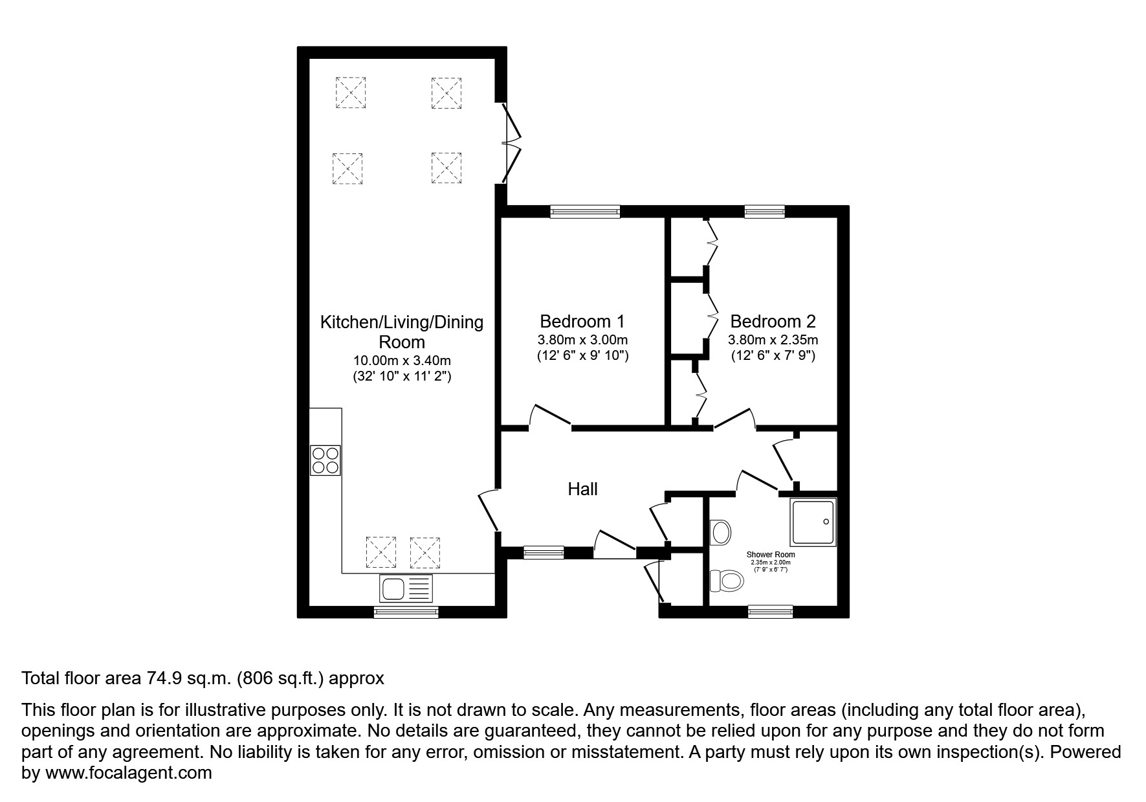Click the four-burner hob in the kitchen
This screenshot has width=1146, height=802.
pyautogui.click(x=325, y=460)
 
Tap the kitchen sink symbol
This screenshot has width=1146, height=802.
pyautogui.click(x=406, y=589)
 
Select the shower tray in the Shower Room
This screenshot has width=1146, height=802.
pyautogui.click(x=813, y=522)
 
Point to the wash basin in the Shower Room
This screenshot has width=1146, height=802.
pyautogui.click(x=721, y=533)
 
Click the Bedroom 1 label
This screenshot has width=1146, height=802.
pyautogui.click(x=582, y=321)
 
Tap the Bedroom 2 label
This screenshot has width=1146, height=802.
pyautogui.click(x=773, y=321)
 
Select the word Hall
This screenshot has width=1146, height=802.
pyautogui.click(x=582, y=489)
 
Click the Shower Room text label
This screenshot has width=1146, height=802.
pyautogui.click(x=771, y=555)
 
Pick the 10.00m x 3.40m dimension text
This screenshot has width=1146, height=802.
pyautogui.click(x=402, y=361)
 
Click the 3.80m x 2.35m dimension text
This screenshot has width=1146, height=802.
pyautogui.click(x=773, y=340)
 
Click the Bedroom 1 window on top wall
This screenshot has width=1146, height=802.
pyautogui.click(x=584, y=211)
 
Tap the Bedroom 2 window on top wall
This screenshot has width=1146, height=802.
pyautogui.click(x=764, y=211)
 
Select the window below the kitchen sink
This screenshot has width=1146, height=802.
pyautogui.click(x=406, y=612)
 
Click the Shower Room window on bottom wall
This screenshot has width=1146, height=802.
pyautogui.click(x=770, y=611)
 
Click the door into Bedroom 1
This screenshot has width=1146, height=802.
pyautogui.click(x=550, y=418)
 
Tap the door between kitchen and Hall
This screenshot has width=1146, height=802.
pyautogui.click(x=488, y=511)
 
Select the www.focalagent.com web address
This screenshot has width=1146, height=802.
pyautogui.click(x=128, y=773)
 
